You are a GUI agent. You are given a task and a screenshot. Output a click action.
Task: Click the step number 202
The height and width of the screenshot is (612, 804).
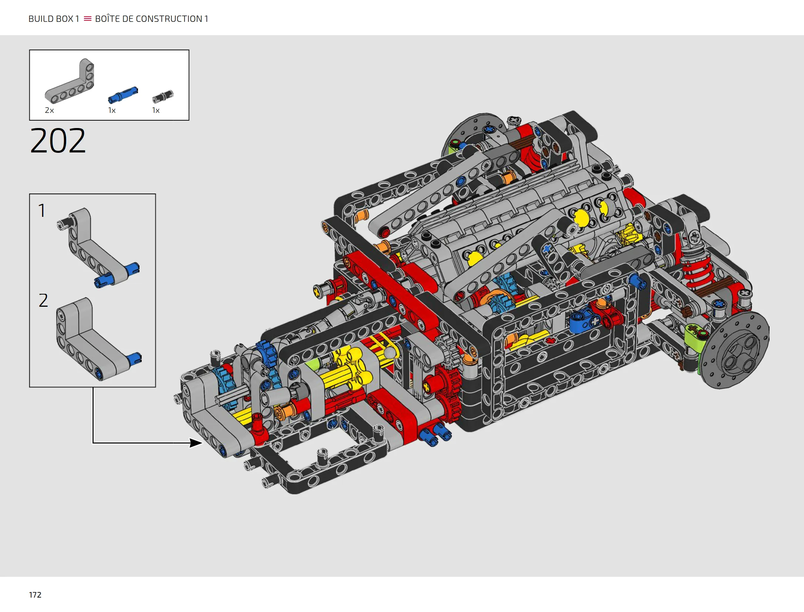click(58, 141)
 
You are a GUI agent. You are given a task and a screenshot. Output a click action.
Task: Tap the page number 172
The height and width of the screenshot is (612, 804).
click(35, 595)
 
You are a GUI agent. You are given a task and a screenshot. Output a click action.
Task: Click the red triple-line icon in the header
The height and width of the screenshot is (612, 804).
click(87, 19)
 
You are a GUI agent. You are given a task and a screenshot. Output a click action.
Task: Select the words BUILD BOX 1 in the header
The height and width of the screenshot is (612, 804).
click(54, 19)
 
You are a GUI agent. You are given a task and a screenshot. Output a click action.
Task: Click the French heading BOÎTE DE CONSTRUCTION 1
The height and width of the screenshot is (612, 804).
click(152, 19)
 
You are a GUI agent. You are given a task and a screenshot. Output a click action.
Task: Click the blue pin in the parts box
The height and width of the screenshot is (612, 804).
click(123, 95)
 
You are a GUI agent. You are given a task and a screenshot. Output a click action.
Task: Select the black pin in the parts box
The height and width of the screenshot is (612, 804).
click(163, 97)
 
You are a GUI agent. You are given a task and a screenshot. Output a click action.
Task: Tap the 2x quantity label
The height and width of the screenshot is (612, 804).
click(49, 110)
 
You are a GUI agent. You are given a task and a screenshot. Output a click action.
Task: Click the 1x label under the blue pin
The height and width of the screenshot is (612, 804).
click(112, 110)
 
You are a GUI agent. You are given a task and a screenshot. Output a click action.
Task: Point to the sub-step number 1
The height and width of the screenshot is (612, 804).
click(42, 211)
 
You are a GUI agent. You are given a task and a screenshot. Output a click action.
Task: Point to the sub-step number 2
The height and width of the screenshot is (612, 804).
click(43, 300)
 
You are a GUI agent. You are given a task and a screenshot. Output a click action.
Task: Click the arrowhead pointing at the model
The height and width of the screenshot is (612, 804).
click(196, 443)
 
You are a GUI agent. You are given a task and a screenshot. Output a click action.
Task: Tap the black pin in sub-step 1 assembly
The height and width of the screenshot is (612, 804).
click(65, 223)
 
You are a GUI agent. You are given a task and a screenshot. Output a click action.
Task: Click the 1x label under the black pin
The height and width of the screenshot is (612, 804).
click(156, 110)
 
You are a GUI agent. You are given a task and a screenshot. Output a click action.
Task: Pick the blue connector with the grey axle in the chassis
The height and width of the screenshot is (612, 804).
click(583, 320)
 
